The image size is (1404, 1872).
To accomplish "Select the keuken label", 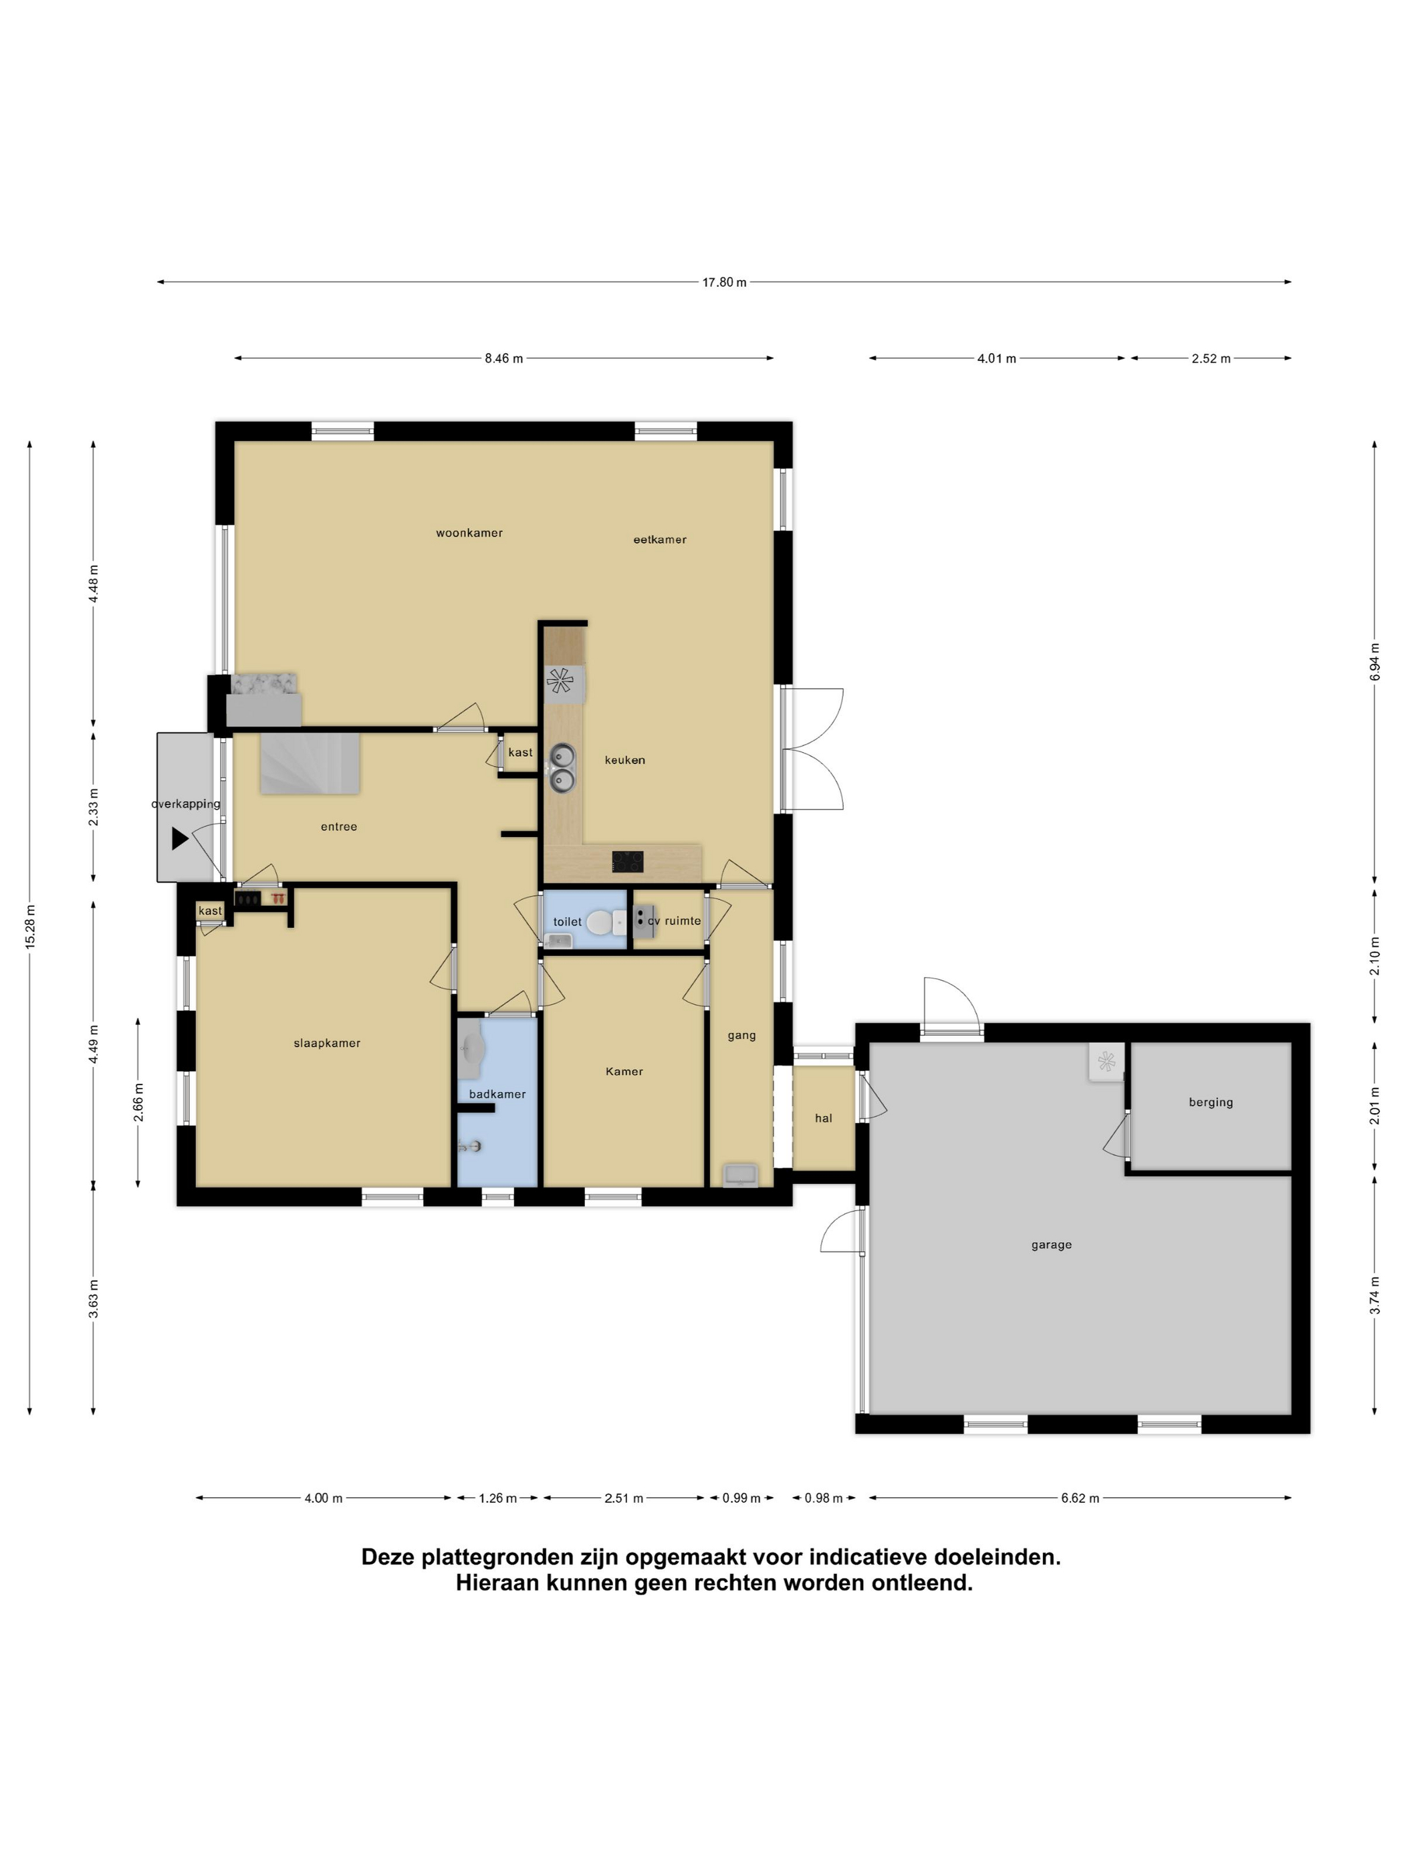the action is (624, 760).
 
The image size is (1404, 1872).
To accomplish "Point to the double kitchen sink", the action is (562, 767).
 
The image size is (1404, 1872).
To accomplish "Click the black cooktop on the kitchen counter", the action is (627, 862).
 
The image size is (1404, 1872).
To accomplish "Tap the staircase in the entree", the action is (310, 764).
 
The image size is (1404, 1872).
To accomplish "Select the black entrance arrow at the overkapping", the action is (179, 838).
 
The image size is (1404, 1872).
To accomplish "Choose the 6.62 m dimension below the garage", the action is (1080, 1498).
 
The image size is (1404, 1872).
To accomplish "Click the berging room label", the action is (1210, 1102).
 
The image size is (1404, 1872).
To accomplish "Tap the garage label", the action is (1051, 1245).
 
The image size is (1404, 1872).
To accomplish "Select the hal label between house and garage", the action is (824, 1118).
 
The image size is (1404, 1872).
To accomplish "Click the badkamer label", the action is (497, 1094).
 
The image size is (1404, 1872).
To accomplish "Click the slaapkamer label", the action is (327, 1044).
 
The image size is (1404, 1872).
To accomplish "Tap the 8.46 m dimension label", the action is (503, 359).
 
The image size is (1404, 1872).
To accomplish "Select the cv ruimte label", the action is (674, 921).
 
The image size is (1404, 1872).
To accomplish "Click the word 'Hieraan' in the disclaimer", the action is (497, 1583).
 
